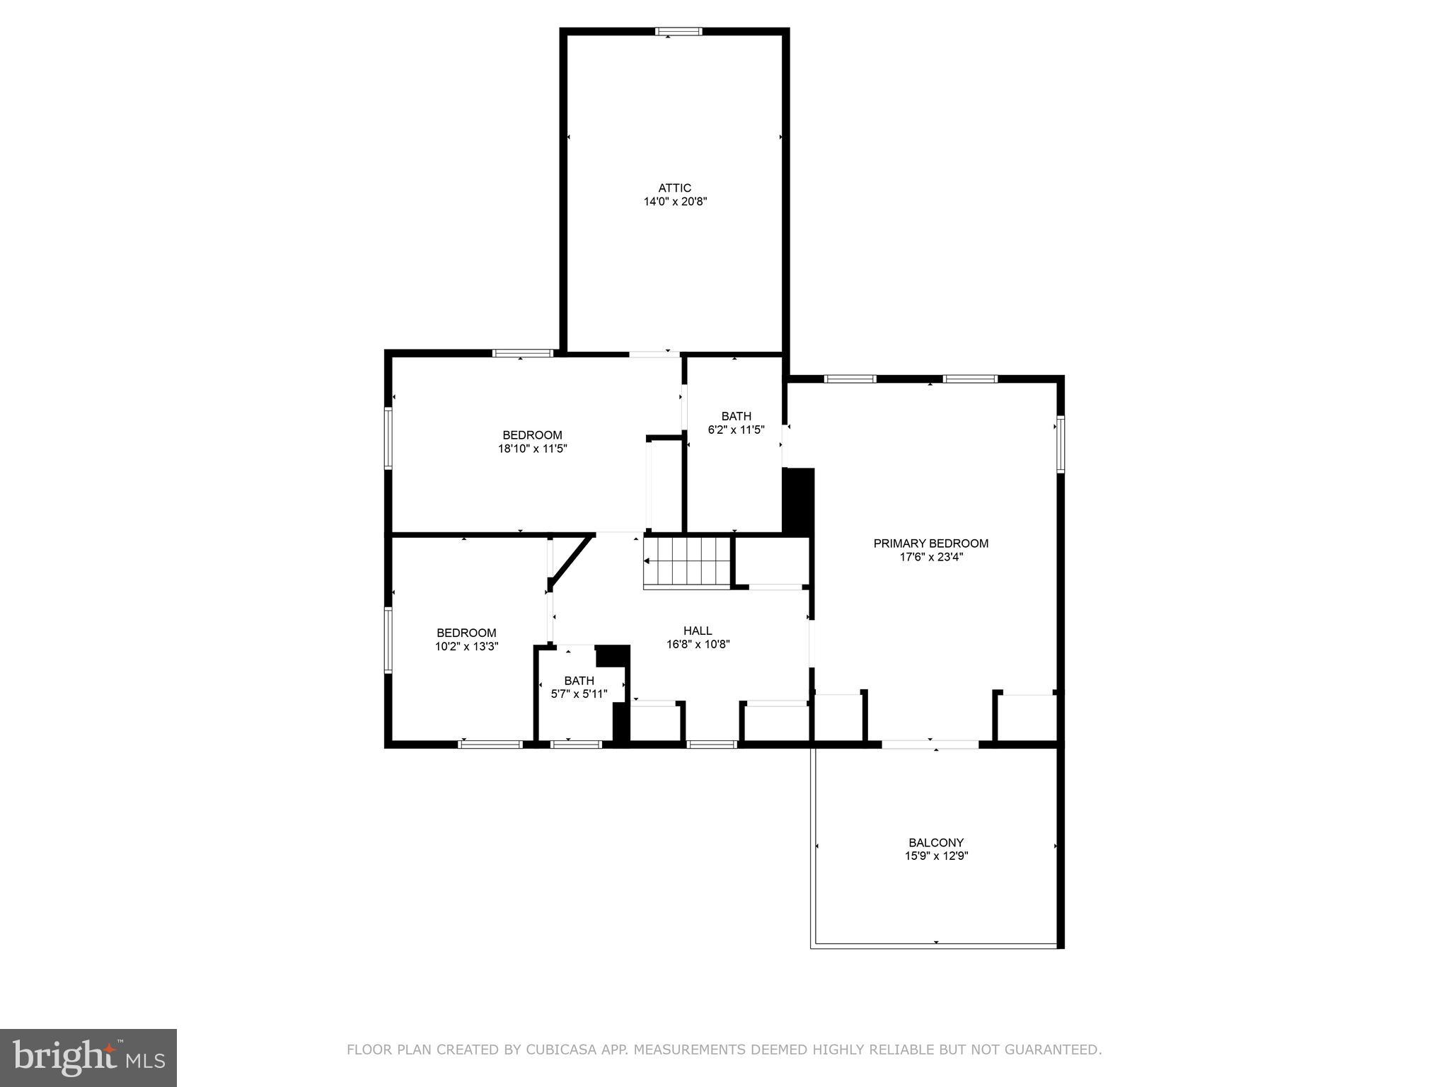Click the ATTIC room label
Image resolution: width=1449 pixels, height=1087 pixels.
tap(674, 188)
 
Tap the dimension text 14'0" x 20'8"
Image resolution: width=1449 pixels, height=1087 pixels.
tap(674, 202)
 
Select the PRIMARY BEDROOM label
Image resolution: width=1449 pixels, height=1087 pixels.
tap(930, 543)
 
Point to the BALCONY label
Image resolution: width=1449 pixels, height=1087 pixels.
tap(935, 843)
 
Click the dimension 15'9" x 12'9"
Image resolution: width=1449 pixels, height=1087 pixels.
tap(935, 856)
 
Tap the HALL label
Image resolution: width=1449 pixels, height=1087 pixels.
tap(698, 631)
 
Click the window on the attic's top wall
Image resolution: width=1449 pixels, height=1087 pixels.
tap(679, 31)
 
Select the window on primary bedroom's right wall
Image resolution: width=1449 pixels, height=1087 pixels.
tap(1060, 444)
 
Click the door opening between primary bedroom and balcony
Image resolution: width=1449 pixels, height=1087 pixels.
tap(930, 744)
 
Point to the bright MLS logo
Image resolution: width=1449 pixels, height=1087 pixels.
tap(88, 1057)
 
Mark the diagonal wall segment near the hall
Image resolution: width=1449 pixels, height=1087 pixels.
tap(570, 560)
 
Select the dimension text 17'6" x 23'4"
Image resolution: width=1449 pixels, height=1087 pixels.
tap(930, 557)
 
